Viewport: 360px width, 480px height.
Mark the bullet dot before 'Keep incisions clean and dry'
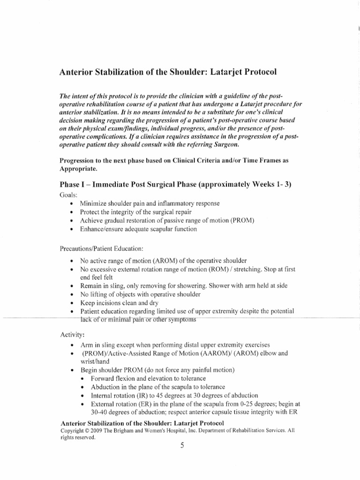pyautogui.click(x=71, y=303)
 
